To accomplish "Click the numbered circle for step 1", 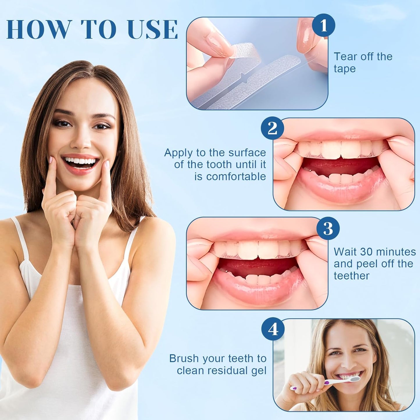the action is [x=324, y=25].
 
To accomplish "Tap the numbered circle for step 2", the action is [x=272, y=129].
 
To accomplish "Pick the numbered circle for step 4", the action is [x=273, y=329].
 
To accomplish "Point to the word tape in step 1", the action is [x=345, y=69].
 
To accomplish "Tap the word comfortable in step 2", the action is [x=230, y=176].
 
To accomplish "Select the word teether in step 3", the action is [x=352, y=276].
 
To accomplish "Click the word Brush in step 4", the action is [x=184, y=358].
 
